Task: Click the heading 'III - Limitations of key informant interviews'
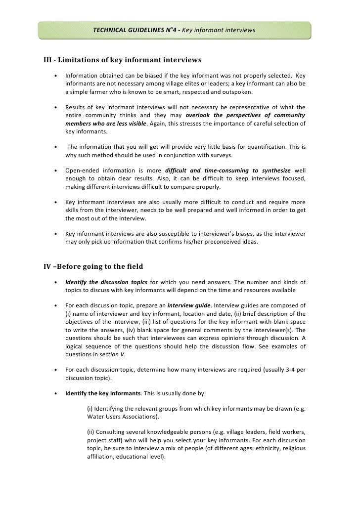123,60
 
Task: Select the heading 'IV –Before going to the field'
93,266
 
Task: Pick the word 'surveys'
220,155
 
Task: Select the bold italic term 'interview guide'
189,305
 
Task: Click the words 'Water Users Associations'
122,417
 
